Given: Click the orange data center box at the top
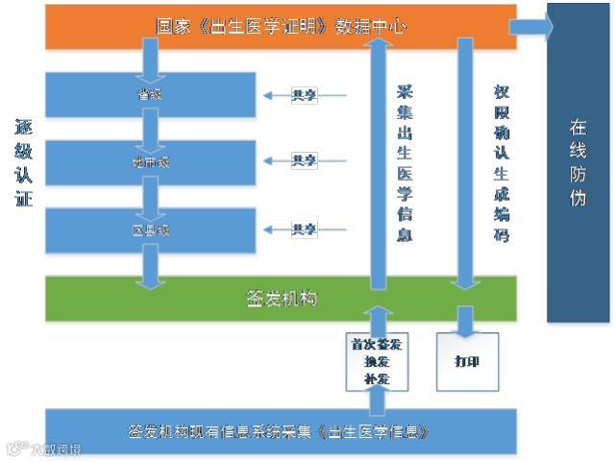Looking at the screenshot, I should (279, 26).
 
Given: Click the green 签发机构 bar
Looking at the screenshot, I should (279, 299).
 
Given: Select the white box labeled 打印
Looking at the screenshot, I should (468, 362).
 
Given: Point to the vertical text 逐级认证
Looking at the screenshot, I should (23, 162).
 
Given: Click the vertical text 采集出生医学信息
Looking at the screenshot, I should (405, 163).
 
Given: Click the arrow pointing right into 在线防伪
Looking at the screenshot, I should (531, 26).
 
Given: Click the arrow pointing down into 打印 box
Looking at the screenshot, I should (467, 321).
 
